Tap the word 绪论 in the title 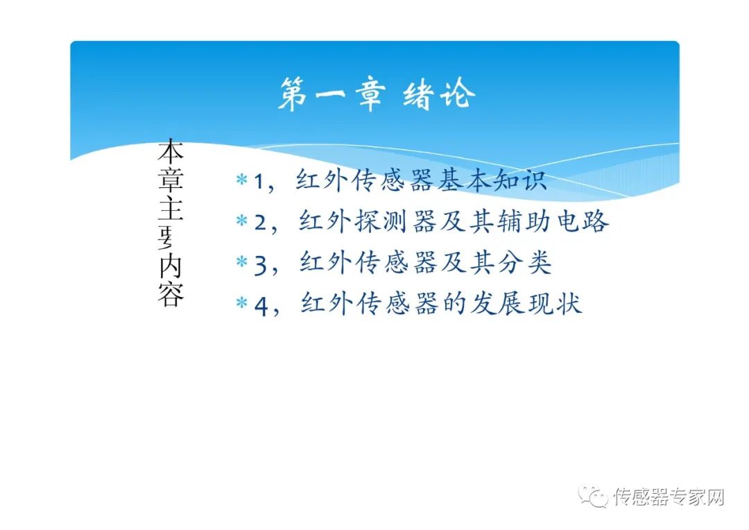point(439,94)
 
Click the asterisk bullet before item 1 point(241,180)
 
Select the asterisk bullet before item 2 point(241,221)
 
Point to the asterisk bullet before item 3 point(241,263)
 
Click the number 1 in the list point(259,181)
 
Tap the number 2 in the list point(260,222)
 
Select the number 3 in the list point(260,264)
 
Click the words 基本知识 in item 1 point(493,180)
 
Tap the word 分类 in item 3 point(531,263)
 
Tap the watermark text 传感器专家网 point(669,497)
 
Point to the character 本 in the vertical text point(171,153)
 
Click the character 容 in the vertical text point(171,294)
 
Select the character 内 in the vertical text point(171,266)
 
